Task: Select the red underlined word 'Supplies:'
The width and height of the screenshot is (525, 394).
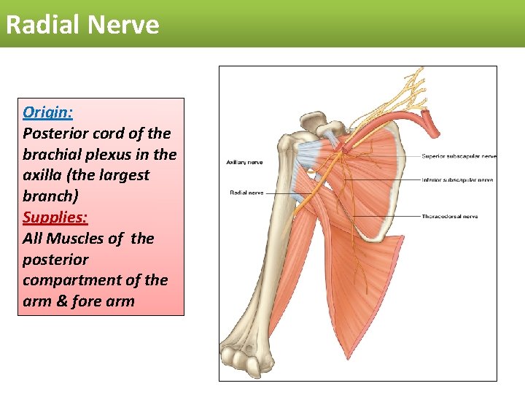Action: tap(55, 217)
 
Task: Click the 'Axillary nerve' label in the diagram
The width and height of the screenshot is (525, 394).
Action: tap(244, 162)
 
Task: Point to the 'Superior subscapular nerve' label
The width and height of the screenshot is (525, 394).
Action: tap(459, 156)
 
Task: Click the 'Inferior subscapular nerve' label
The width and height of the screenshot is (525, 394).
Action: tap(457, 179)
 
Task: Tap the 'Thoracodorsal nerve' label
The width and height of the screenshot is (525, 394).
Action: tap(449, 217)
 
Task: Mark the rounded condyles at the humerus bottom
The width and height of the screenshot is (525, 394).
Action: tap(248, 358)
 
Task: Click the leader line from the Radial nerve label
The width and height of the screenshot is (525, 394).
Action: tap(281, 193)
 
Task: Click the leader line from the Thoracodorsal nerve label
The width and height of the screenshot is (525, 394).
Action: tap(386, 217)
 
